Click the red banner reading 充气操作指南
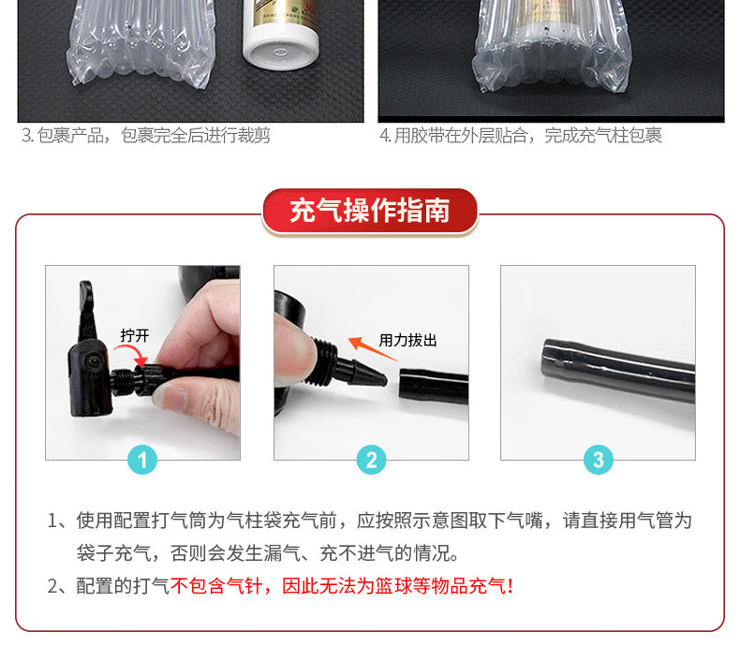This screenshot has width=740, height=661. click(369, 211)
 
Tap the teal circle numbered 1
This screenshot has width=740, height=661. click(142, 460)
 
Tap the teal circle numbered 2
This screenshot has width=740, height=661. click(372, 460)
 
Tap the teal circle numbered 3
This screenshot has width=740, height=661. click(599, 460)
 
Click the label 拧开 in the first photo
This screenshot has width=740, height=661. click(135, 335)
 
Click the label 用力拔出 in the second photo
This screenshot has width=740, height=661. click(407, 340)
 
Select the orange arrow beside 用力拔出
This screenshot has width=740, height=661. click(372, 348)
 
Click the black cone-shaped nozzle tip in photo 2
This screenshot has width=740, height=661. click(368, 373)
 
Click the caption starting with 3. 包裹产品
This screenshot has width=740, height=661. click(146, 136)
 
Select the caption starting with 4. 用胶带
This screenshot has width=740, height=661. click(521, 136)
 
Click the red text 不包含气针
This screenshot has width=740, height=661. click(216, 586)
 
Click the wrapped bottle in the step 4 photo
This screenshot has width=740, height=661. click(550, 45)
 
